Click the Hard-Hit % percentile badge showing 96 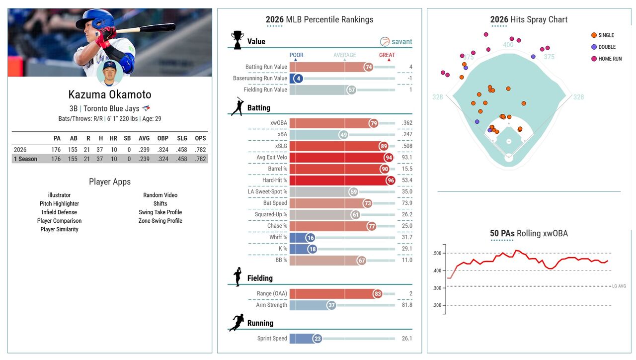pyautogui.click(x=391, y=180)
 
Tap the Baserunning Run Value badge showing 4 pyautogui.click(x=298, y=79)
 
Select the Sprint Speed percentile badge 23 pyautogui.click(x=318, y=339)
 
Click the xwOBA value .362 pyautogui.click(x=407, y=123)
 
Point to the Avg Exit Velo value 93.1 pyautogui.click(x=407, y=158)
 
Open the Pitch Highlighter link pyautogui.click(x=59, y=204)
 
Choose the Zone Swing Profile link pyautogui.click(x=160, y=221)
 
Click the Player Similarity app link pyautogui.click(x=59, y=229)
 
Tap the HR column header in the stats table pyautogui.click(x=113, y=138)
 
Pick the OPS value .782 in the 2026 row pyautogui.click(x=200, y=150)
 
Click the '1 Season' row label pyautogui.click(x=25, y=159)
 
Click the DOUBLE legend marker pyautogui.click(x=594, y=47)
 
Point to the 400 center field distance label pyautogui.click(x=508, y=45)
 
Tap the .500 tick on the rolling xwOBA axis pyautogui.click(x=437, y=254)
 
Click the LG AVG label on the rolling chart pyautogui.click(x=619, y=286)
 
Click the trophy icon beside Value pyautogui.click(x=238, y=40)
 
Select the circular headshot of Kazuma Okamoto pyautogui.click(x=110, y=73)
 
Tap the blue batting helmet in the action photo pyautogui.click(x=97, y=19)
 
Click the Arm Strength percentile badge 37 pyautogui.click(x=331, y=305)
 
